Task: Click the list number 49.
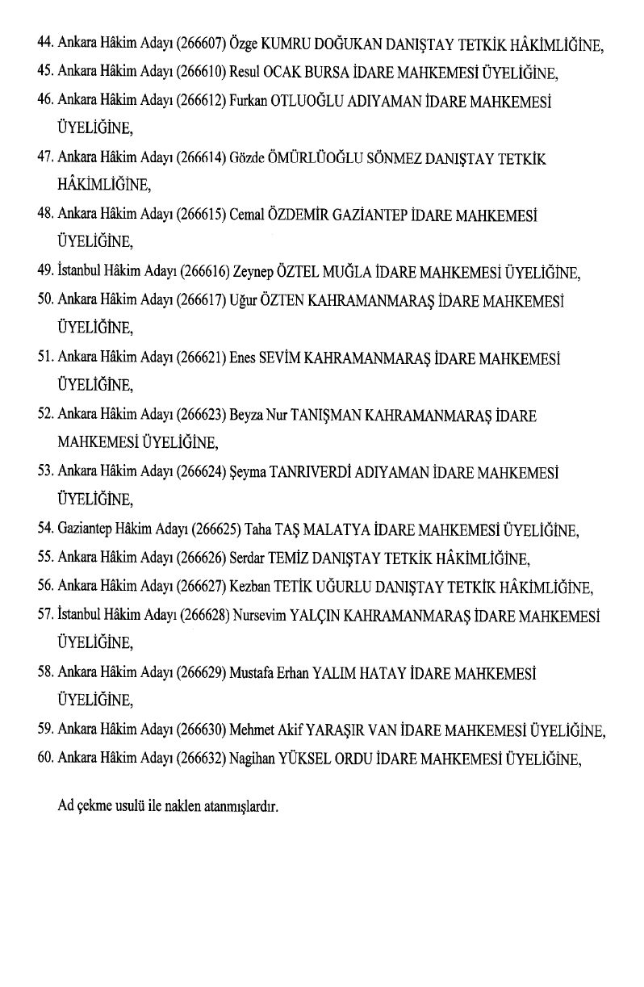click(45, 272)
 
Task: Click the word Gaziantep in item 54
click(86, 530)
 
